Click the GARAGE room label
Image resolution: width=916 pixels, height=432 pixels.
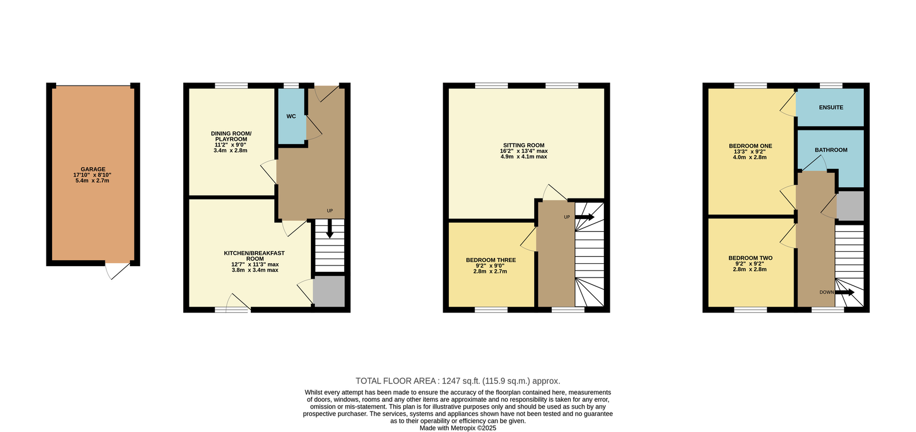93,169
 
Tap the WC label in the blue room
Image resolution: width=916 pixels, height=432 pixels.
291,117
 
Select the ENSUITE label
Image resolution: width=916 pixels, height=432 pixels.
831,108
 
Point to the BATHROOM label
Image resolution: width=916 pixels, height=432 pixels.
831,150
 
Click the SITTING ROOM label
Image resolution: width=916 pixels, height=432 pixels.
524,145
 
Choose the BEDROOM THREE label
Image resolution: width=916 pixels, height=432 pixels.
491,260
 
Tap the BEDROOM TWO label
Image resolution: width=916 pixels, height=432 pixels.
751,258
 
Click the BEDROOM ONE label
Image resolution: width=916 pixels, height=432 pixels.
751,146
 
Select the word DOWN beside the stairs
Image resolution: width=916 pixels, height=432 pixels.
827,292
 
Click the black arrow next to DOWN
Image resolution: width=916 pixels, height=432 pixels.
844,292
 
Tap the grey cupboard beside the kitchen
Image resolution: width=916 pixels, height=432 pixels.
329,291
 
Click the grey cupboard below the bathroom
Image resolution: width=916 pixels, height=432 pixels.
850,206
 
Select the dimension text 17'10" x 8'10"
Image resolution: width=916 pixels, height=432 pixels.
92,175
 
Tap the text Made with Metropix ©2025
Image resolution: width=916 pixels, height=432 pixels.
458,428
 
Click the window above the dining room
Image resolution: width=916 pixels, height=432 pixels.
231,85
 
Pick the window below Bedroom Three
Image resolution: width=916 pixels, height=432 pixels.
491,310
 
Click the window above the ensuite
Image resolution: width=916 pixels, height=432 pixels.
831,85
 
